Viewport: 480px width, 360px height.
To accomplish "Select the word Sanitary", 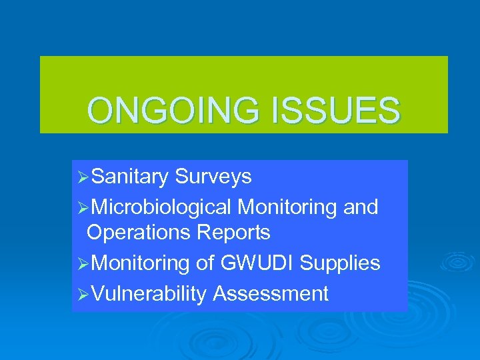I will [x=130, y=177].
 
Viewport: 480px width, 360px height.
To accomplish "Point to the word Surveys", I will [x=213, y=177].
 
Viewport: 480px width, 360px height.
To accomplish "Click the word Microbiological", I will [x=162, y=207].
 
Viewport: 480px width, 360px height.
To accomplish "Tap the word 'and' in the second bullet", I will [x=361, y=207].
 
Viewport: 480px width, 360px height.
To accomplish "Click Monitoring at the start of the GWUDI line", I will [x=141, y=263].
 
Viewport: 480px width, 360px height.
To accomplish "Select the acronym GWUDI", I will [x=257, y=263].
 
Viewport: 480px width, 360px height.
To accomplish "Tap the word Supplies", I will [x=340, y=263].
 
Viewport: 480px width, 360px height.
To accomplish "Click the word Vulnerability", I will [x=149, y=294].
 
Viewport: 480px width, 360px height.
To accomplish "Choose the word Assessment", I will [x=271, y=294].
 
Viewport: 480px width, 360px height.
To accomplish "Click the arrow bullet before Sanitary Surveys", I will [x=83, y=177].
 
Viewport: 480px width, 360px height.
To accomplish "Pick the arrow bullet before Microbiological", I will [x=83, y=208].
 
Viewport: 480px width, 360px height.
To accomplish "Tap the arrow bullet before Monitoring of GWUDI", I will [x=83, y=264].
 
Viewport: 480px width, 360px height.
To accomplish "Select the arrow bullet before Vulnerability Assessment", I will [x=83, y=295].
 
